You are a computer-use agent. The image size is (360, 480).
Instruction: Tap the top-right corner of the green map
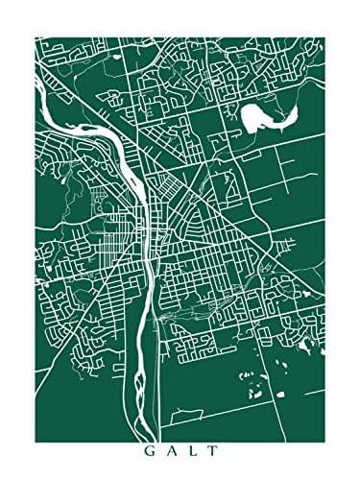tap(323, 38)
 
